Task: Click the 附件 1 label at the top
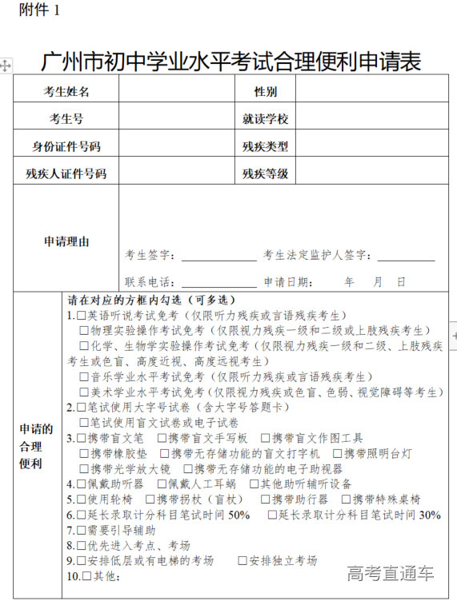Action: pyautogui.click(x=31, y=11)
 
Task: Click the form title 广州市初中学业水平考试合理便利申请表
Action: pyautogui.click(x=231, y=62)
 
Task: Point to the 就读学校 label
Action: pyautogui.click(x=265, y=119)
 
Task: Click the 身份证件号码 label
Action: pyautogui.click(x=66, y=146)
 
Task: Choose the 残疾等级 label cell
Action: pyautogui.click(x=265, y=173)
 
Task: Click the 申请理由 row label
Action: pyautogui.click(x=66, y=241)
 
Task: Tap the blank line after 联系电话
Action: pyautogui.click(x=207, y=283)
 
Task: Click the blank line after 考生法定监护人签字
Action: pyautogui.click(x=406, y=257)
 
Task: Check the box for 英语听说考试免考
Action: pyautogui.click(x=82, y=316)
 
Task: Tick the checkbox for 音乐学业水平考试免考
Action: pyautogui.click(x=85, y=376)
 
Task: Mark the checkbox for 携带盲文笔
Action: pyautogui.click(x=82, y=438)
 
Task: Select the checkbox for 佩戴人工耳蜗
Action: pyautogui.click(x=162, y=484)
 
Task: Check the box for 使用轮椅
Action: pyautogui.click(x=82, y=499)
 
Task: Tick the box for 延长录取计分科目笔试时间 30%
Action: pyautogui.click(x=273, y=515)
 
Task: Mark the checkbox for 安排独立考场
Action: pyautogui.click(x=243, y=560)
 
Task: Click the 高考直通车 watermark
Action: pyautogui.click(x=391, y=572)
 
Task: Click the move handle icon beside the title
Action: pyautogui.click(x=6, y=64)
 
